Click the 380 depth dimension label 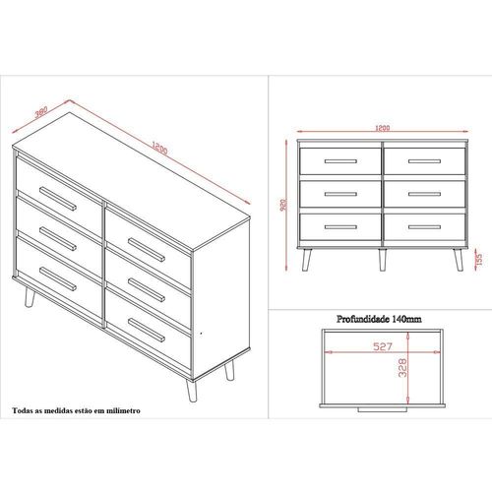coord(41,111)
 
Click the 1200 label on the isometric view coord(159,148)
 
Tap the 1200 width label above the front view coord(383,128)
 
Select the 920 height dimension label coord(283,205)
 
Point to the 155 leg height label coord(479,259)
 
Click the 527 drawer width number coord(383,346)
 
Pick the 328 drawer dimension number coord(402,367)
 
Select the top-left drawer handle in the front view coord(340,161)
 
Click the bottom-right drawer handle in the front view coord(424,227)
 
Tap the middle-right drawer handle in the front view coord(424,194)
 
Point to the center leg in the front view coord(383,260)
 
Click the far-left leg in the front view coord(306,260)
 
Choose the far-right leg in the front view coord(459,260)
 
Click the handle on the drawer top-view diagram coord(383,409)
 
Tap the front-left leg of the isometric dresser coord(30,296)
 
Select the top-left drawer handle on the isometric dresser coord(58,199)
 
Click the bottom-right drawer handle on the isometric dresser coord(147,331)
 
